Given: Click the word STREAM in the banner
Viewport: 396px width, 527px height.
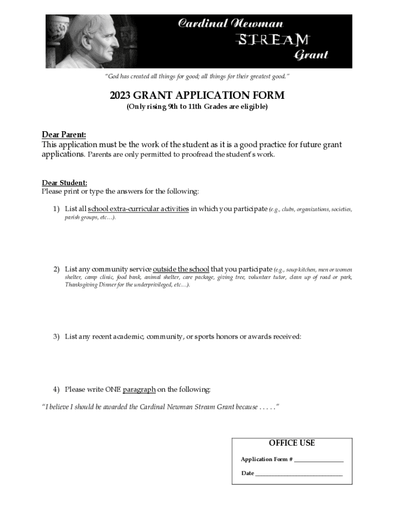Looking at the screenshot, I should click(273, 39).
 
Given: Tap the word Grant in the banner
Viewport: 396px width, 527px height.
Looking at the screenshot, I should click(311, 55).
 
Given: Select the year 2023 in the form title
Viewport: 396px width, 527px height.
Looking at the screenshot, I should click(122, 96).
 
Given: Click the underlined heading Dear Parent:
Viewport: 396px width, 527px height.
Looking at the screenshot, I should click(64, 135).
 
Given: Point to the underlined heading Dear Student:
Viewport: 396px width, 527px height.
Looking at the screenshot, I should click(64, 183).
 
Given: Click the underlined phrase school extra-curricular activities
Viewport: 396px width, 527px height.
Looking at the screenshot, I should click(138, 209).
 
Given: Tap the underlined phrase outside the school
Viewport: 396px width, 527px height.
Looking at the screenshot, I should click(181, 269).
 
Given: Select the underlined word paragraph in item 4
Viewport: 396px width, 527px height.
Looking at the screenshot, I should click(139, 389).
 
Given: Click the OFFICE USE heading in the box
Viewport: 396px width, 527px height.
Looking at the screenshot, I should click(292, 443).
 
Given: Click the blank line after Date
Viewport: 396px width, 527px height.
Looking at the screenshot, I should click(299, 473).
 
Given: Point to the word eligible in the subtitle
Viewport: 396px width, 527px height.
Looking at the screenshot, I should click(250, 107).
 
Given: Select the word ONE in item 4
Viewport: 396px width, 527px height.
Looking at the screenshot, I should click(113, 389).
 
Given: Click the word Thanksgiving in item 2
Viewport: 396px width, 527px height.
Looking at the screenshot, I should click(82, 285).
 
